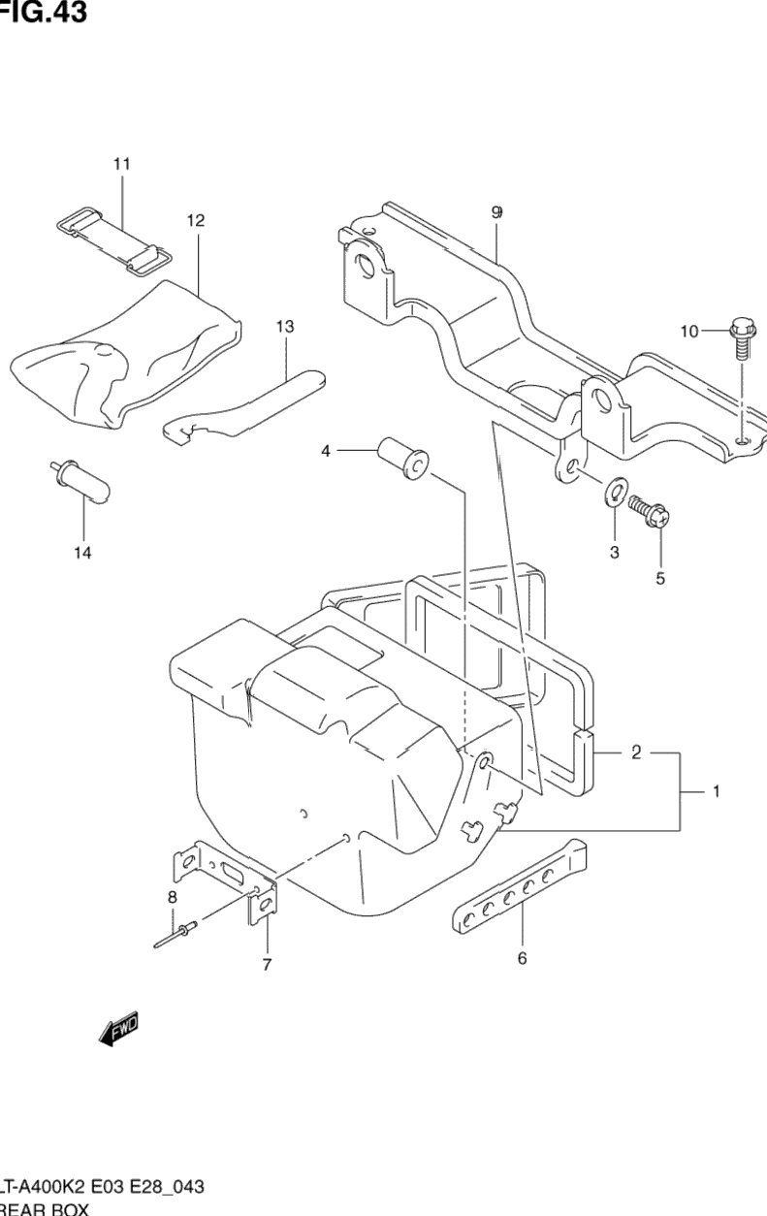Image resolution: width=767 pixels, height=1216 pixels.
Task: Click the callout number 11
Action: [121, 165]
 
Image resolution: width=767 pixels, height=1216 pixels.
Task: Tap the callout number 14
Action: [82, 553]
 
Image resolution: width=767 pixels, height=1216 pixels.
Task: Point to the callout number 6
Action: [522, 959]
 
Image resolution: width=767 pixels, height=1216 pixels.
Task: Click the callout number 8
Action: [173, 898]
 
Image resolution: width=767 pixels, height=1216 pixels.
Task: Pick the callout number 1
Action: [716, 792]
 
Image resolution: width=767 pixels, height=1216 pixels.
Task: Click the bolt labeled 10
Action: [742, 338]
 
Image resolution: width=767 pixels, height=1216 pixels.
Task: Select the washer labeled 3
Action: [615, 493]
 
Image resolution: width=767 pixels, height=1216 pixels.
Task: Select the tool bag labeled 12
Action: [126, 354]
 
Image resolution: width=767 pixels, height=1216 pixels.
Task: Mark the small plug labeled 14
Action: [81, 481]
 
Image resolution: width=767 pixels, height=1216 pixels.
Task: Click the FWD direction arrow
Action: [118, 1030]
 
